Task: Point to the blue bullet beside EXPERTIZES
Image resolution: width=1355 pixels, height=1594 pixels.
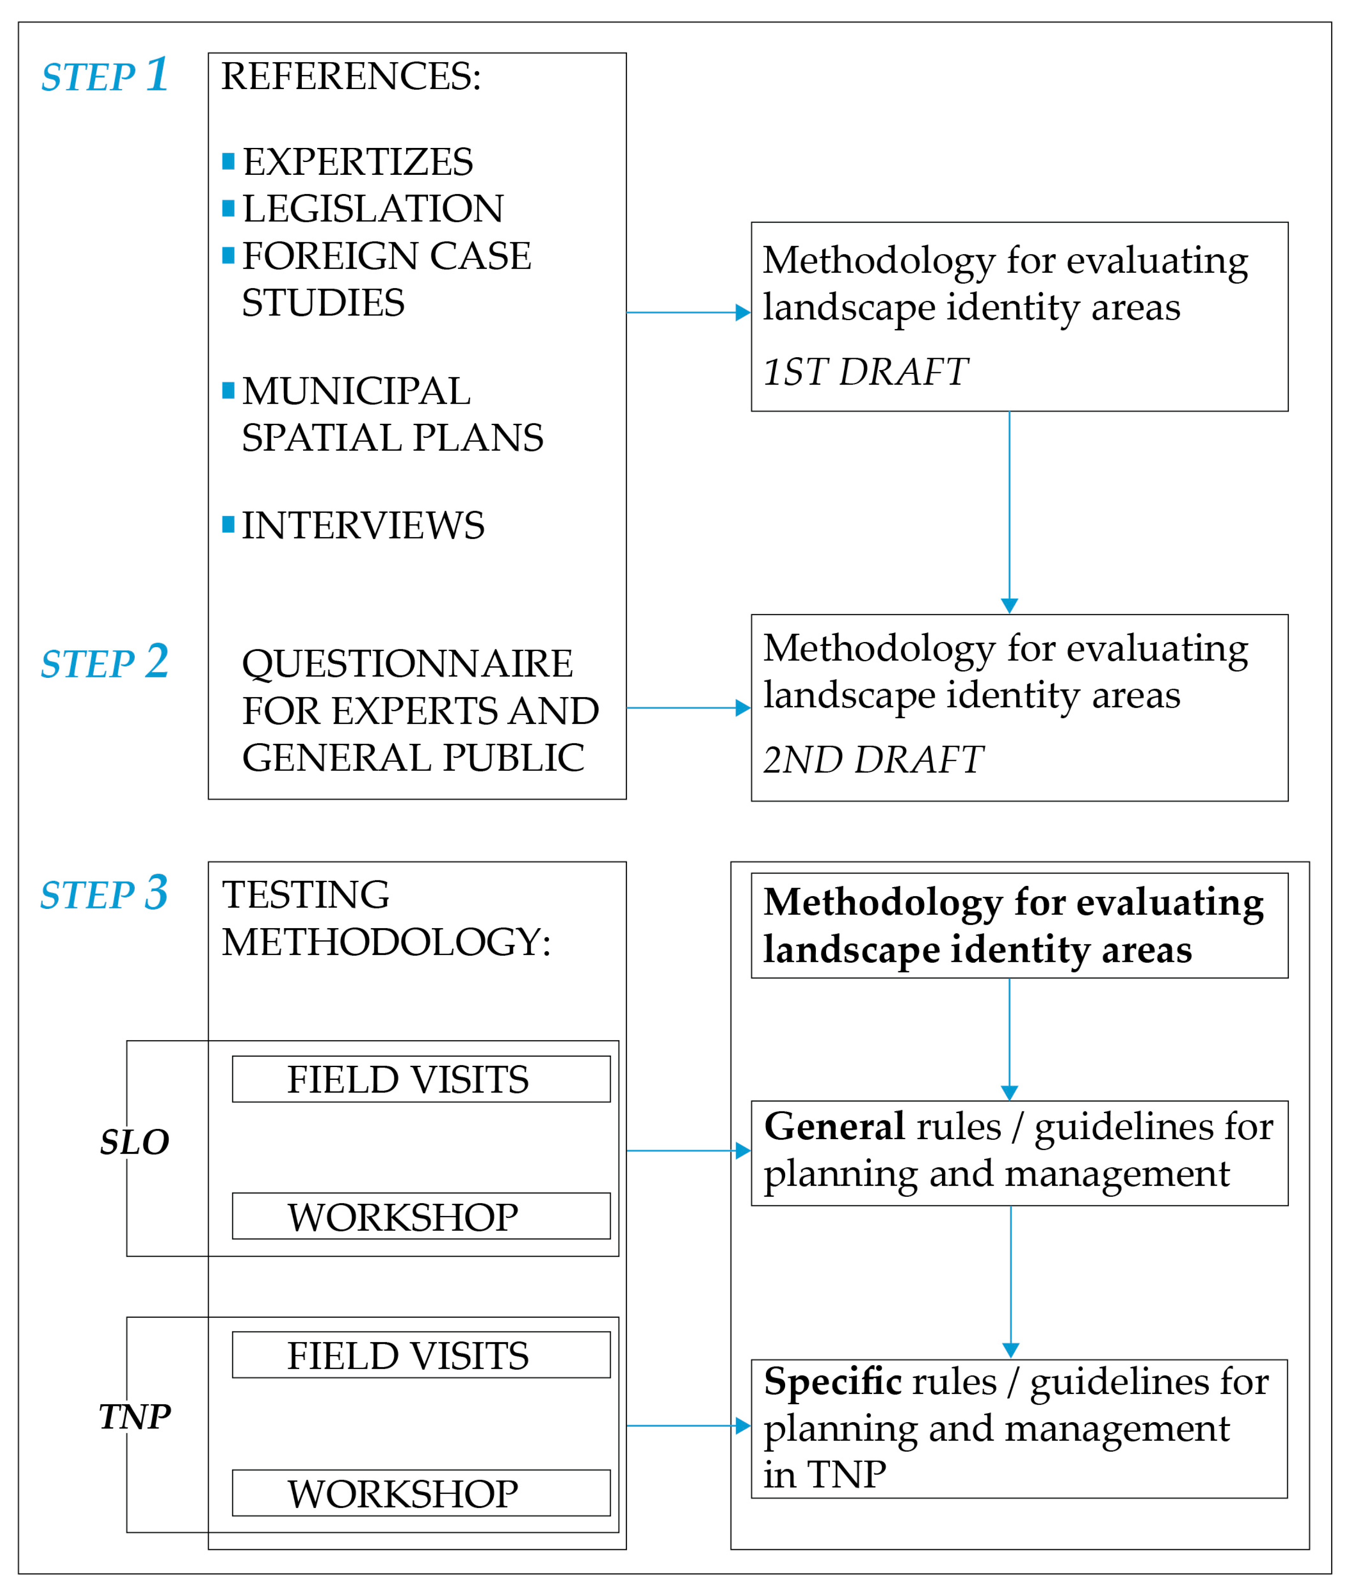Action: click(x=228, y=161)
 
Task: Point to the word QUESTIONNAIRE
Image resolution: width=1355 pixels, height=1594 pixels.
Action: click(x=407, y=664)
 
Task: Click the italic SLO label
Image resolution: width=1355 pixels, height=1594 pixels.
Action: click(x=134, y=1142)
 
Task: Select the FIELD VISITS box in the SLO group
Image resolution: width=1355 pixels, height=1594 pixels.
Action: click(x=421, y=1079)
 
